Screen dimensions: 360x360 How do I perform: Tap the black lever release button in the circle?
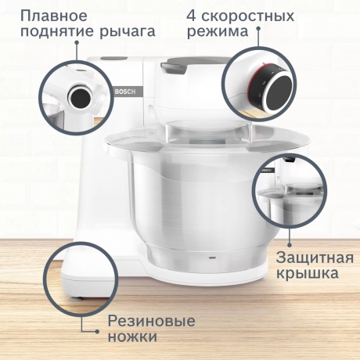click(79, 96)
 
